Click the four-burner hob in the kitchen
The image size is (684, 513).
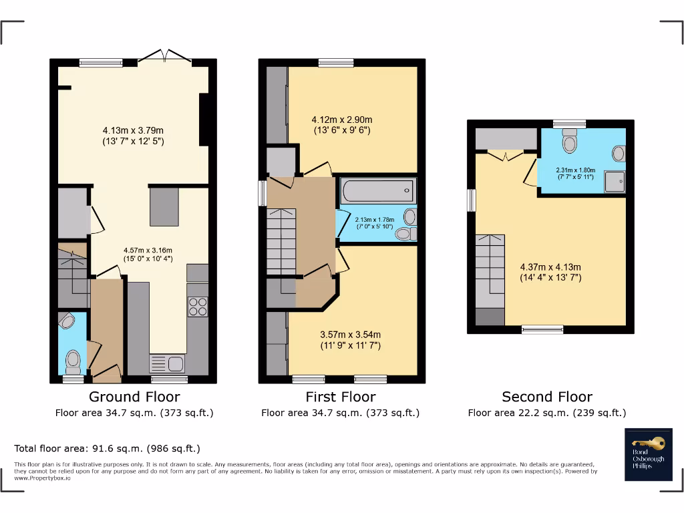point(198,306)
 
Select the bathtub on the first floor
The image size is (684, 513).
point(377,191)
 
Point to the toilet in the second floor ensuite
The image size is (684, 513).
point(570,142)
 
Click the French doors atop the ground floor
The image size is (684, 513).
point(165,59)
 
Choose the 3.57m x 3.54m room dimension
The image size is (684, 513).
point(350,339)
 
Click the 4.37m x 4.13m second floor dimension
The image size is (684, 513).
point(550,273)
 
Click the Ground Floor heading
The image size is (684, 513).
point(134,397)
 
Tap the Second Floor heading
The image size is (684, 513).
point(547,397)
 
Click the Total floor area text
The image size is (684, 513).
point(108,448)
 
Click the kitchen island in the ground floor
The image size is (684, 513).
point(164,207)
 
